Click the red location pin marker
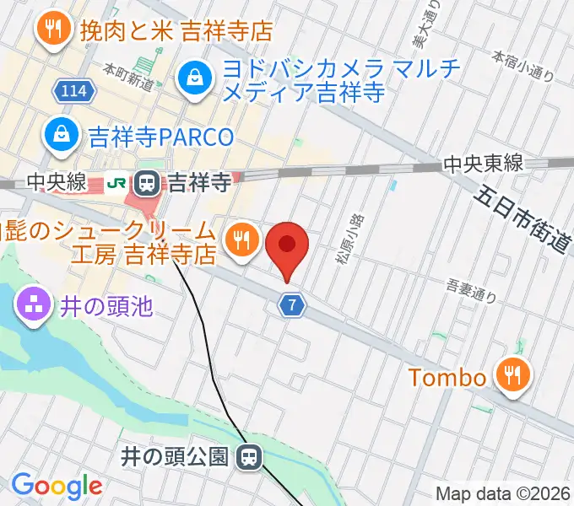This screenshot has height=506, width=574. tap(287, 245)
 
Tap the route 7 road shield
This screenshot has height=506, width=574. tap(291, 305)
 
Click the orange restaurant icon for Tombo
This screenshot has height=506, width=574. tap(512, 375)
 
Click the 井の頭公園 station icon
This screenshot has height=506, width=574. tap(248, 458)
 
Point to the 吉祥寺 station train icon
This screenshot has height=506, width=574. tap(149, 180)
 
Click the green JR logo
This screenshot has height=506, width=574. tap(119, 180)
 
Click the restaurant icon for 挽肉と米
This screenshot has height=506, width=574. tap(55, 30)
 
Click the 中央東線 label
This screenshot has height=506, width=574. tap(484, 164)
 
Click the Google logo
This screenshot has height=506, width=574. tap(57, 486)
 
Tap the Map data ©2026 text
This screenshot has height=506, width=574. tap(502, 493)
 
